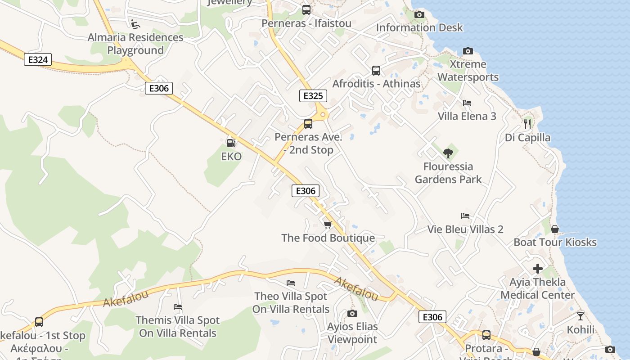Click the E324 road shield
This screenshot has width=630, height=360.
coord(38,59)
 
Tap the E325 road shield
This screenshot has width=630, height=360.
coord(313,95)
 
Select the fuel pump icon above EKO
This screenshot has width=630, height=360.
coord(231,143)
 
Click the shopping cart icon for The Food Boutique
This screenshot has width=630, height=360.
coord(328,224)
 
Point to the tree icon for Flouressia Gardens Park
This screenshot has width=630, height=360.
coord(448,153)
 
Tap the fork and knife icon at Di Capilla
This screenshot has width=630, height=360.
coord(527,124)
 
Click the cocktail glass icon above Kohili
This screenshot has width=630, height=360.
coord(580,316)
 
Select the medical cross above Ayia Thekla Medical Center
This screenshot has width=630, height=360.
coord(538,269)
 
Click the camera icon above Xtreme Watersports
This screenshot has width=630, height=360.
coord(468,51)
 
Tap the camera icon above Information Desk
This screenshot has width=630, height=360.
coord(419,14)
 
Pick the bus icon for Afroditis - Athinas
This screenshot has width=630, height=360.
coord(376,71)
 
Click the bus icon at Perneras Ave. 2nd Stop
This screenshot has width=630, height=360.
coord(308,124)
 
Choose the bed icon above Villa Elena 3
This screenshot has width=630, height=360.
coord(467,103)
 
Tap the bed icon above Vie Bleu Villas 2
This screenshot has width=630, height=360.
coord(465,216)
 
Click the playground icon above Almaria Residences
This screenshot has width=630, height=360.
coord(135,23)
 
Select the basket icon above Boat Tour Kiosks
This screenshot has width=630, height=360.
coord(555,229)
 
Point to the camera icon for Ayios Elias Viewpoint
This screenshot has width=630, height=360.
coord(352,313)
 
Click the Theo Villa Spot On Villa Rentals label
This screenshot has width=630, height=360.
coord(291,303)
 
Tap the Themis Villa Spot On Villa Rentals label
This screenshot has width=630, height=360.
coord(178,327)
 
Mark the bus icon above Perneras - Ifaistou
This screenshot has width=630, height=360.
coord(306,9)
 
